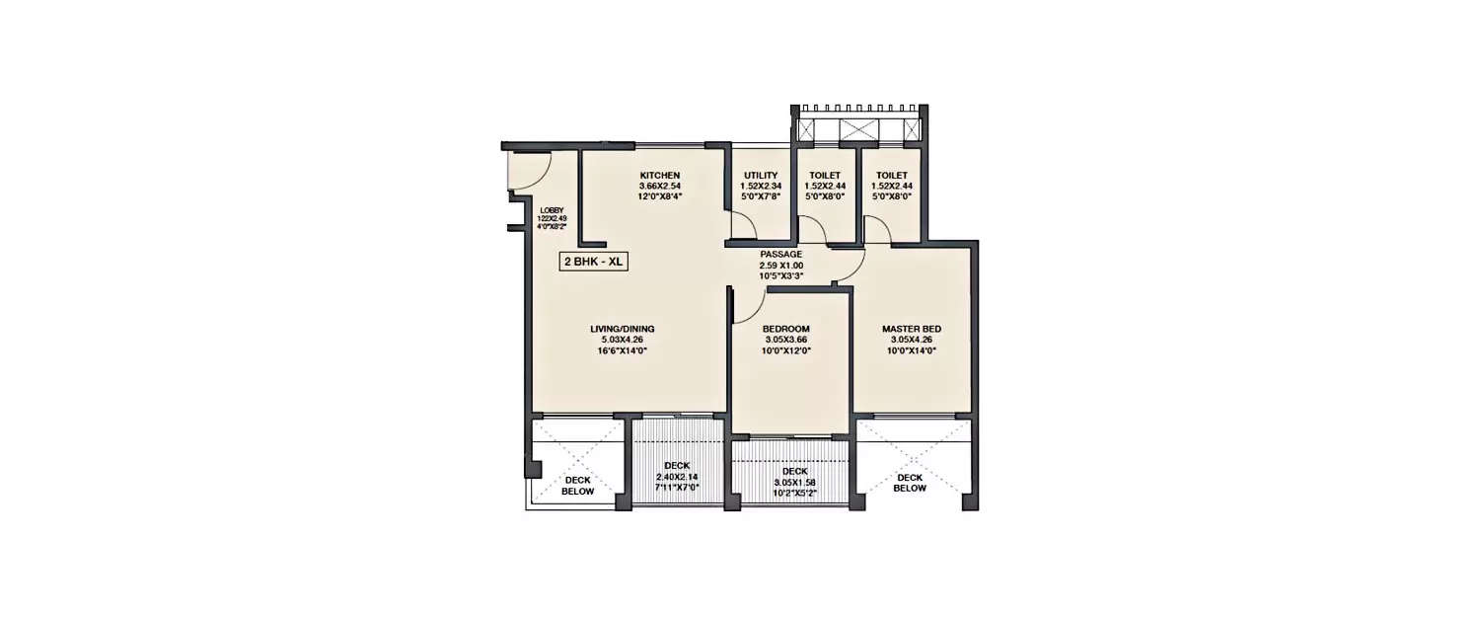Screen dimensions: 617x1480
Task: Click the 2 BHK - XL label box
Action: click(594, 263)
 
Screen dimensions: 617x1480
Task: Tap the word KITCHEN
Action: click(660, 176)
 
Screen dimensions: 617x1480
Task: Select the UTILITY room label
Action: click(761, 176)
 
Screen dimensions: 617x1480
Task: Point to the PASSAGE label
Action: click(781, 255)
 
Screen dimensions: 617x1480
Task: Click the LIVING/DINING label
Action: click(623, 329)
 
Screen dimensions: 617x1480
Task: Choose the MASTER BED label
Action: click(912, 329)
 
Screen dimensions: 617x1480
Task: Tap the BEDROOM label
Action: click(786, 329)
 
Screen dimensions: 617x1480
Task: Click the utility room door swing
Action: click(744, 225)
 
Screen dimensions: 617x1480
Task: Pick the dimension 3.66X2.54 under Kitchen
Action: click(660, 186)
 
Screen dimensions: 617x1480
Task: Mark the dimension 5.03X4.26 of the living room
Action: click(623, 340)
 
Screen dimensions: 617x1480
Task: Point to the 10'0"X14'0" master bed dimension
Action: click(912, 349)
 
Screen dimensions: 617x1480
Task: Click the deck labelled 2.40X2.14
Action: click(677, 476)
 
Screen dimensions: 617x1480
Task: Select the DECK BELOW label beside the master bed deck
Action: click(911, 482)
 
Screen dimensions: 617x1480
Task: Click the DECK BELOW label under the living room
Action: click(578, 485)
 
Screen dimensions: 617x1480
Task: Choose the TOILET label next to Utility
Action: click(824, 176)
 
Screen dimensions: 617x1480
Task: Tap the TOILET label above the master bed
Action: click(891, 176)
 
